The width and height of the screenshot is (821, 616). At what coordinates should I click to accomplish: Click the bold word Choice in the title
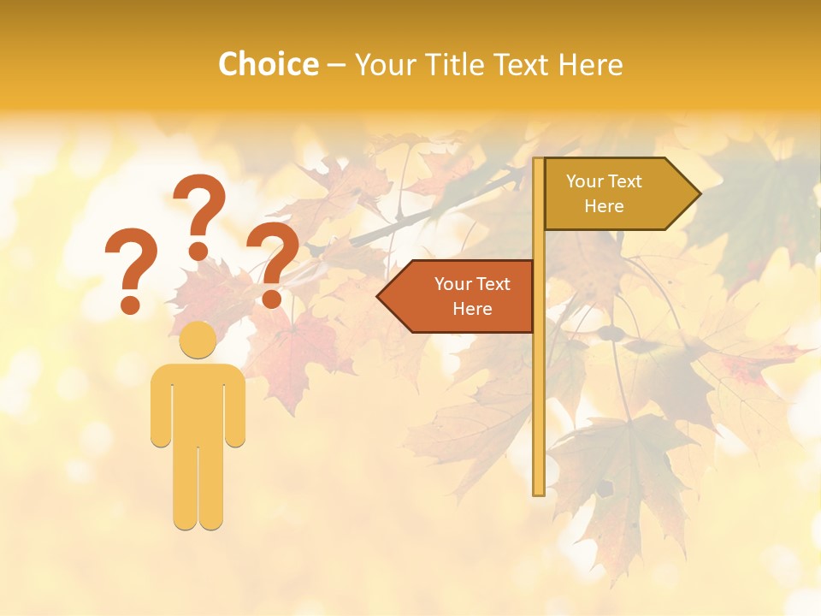[268, 64]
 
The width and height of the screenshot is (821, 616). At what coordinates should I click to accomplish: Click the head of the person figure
[198, 341]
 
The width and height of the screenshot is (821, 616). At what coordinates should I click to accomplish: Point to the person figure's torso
[198, 402]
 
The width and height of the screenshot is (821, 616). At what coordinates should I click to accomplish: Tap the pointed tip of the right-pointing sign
[699, 193]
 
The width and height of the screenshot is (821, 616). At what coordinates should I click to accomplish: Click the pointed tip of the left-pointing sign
[379, 296]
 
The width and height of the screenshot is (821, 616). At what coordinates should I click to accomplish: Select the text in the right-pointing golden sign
[604, 193]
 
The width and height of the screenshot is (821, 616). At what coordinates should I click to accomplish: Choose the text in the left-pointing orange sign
[472, 296]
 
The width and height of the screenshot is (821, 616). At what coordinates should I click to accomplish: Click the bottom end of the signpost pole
[539, 492]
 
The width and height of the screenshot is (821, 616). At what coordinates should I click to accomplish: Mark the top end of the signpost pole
[539, 161]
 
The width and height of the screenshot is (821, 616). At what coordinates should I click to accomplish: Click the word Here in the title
[590, 64]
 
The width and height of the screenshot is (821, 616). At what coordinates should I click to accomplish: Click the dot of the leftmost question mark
[130, 304]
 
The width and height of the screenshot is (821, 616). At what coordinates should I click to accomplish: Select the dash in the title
[336, 66]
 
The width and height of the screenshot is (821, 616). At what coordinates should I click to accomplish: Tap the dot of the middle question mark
[198, 251]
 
